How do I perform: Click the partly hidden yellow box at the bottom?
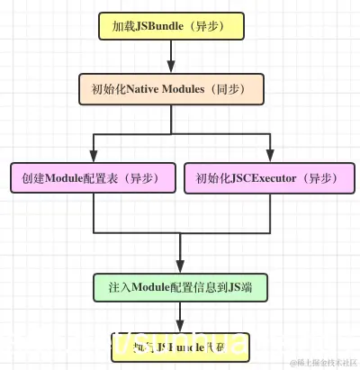coord(180,347)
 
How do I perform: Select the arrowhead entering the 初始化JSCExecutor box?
coord(268,156)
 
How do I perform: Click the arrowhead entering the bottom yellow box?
coord(180,326)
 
